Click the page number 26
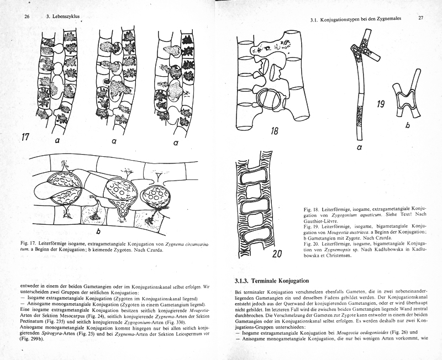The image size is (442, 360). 27,17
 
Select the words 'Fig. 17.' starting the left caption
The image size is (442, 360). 28,242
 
